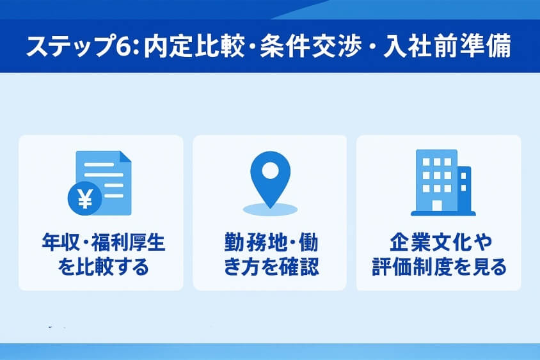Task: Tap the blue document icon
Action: pyautogui.click(x=106, y=179)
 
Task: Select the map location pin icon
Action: pyautogui.click(x=271, y=180)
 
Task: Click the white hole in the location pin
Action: pyautogui.click(x=271, y=171)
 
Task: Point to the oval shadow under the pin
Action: pyautogui.click(x=271, y=208)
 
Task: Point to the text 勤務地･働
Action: pyautogui.click(x=271, y=244)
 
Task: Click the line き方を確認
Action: pyautogui.click(x=271, y=266)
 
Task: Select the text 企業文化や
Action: pyautogui.click(x=439, y=244)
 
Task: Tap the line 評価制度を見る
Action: pyautogui.click(x=439, y=266)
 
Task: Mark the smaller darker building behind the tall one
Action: pyautogui.click(x=464, y=189)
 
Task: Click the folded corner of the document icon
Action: pyautogui.click(x=125, y=157)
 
